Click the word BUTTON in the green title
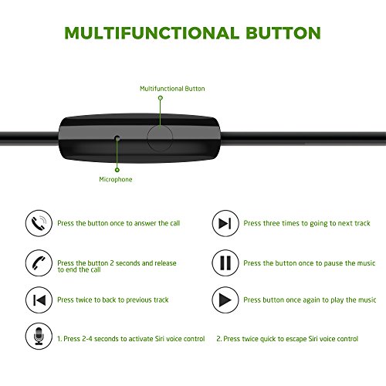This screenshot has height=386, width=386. tap(282, 33)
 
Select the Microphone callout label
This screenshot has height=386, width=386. tap(116, 179)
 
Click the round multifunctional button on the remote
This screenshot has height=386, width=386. tap(161, 137)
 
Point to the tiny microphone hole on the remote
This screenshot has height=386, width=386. tap(117, 138)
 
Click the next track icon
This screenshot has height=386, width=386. tap(224, 223)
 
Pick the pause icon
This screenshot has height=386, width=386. tap(224, 262)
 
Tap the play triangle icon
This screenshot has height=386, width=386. tap(224, 300)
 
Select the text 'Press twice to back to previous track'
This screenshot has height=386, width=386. tap(113, 300)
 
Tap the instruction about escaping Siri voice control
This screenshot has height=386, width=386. tap(287, 338)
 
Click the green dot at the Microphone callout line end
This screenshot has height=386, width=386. tap(117, 168)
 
